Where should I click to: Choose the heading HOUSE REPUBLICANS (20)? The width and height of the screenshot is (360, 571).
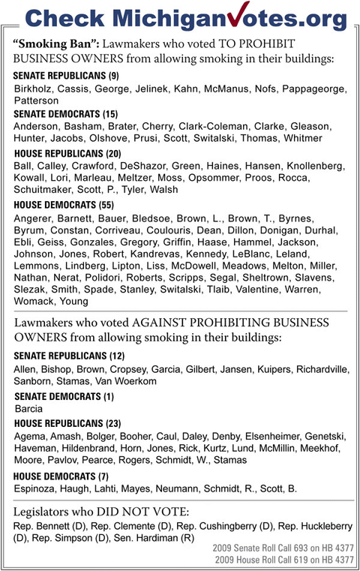click(67, 153)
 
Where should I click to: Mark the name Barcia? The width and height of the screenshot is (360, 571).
click(29, 410)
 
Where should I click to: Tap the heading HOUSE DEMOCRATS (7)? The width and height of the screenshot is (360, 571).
click(61, 476)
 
